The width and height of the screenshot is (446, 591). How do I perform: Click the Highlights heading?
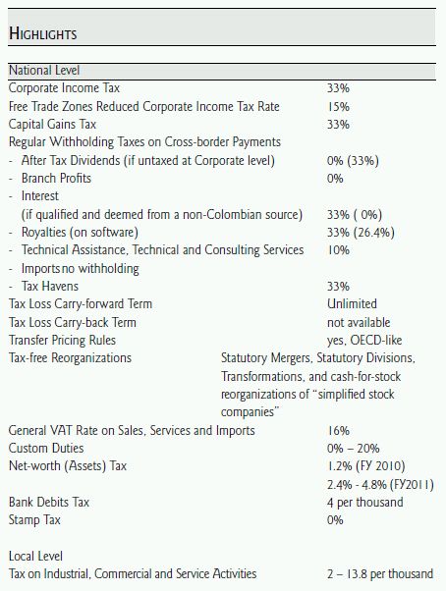coord(43,33)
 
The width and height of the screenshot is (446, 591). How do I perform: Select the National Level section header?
coord(44,70)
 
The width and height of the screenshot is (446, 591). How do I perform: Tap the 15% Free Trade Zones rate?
coord(338,107)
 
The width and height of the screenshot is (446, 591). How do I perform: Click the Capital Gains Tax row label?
coord(52,125)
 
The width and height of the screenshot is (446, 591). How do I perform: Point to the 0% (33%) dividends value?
coord(353,161)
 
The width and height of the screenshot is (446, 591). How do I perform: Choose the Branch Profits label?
coord(56,179)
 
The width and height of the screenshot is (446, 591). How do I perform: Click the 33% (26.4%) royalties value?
coord(361,232)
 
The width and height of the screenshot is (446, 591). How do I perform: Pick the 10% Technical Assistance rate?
coord(338,250)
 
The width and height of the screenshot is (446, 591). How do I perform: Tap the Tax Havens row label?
coord(50,287)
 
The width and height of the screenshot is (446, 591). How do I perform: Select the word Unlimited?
coord(352,303)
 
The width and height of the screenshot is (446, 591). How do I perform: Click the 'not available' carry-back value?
coord(359,323)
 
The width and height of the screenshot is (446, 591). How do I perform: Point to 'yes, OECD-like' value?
coord(364,341)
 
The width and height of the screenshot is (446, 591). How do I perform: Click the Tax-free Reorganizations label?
coord(70,357)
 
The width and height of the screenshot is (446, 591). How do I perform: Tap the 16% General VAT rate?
coord(338,430)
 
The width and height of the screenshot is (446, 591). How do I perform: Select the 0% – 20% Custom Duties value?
coord(354,449)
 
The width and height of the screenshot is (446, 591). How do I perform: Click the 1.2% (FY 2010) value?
coord(366,466)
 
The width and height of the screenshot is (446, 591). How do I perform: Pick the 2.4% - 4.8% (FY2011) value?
coord(380,484)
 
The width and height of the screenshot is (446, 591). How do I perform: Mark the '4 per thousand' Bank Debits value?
coord(364,503)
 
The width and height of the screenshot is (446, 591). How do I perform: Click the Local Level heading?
coord(35,557)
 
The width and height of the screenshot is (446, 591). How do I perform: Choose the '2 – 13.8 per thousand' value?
coord(380,574)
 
